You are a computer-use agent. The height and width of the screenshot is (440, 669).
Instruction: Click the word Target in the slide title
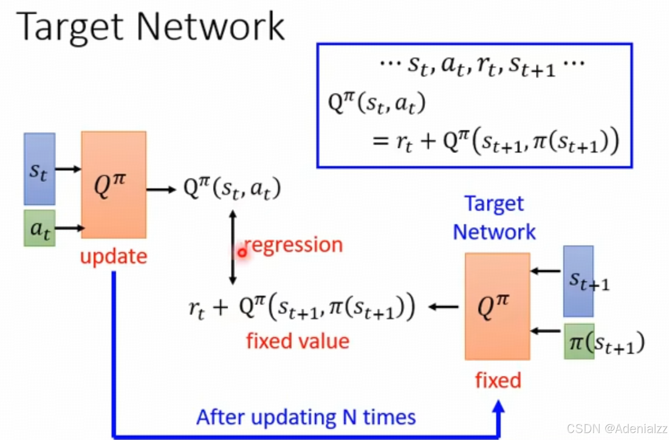pos(70,27)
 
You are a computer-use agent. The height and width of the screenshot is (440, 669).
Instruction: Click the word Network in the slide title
pos(210,27)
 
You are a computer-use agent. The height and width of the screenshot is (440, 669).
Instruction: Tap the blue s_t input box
pos(39,169)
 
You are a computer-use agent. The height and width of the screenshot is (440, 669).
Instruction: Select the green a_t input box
pos(39,228)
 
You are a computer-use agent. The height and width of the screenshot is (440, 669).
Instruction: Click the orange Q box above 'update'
pos(113,185)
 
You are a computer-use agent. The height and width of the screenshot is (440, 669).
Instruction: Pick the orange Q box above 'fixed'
pos(497,306)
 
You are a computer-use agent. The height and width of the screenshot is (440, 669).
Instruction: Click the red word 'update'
pos(113,257)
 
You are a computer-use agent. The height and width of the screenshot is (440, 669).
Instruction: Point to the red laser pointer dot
pos(242,252)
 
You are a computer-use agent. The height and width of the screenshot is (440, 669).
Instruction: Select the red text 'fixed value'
pos(297,341)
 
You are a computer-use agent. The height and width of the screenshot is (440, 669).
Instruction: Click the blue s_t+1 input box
pos(578,281)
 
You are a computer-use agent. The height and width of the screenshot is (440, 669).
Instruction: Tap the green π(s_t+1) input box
pos(579,342)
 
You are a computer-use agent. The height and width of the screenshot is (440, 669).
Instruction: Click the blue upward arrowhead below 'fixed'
pos(498,408)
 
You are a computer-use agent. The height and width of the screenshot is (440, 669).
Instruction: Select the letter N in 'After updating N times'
pos(350,417)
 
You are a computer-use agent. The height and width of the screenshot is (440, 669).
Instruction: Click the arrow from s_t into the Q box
pos(68,169)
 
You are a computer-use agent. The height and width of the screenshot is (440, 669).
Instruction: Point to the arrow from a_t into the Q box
pos(69,228)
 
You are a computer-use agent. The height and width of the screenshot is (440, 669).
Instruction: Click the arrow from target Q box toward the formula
pos(444,307)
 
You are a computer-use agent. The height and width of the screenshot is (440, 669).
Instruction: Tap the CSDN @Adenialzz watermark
pos(617,429)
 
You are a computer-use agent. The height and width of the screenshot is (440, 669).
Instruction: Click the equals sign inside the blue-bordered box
pos(380,140)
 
